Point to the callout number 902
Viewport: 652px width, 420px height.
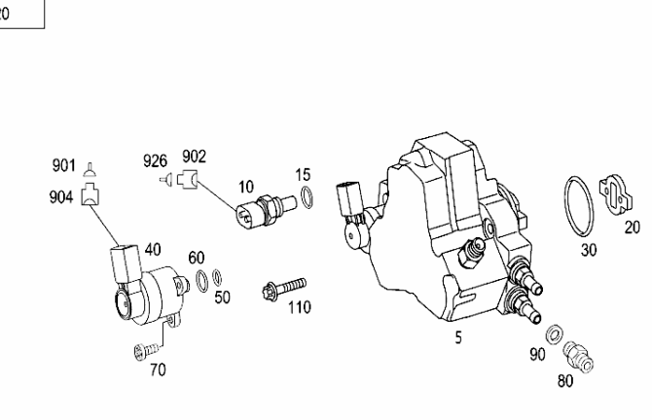[194, 156]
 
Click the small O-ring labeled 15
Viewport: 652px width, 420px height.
[307, 200]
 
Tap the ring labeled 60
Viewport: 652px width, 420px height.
[200, 282]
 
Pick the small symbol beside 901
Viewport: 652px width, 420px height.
[91, 167]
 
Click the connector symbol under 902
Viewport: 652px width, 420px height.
[188, 177]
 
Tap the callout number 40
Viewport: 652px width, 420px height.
[153, 249]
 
